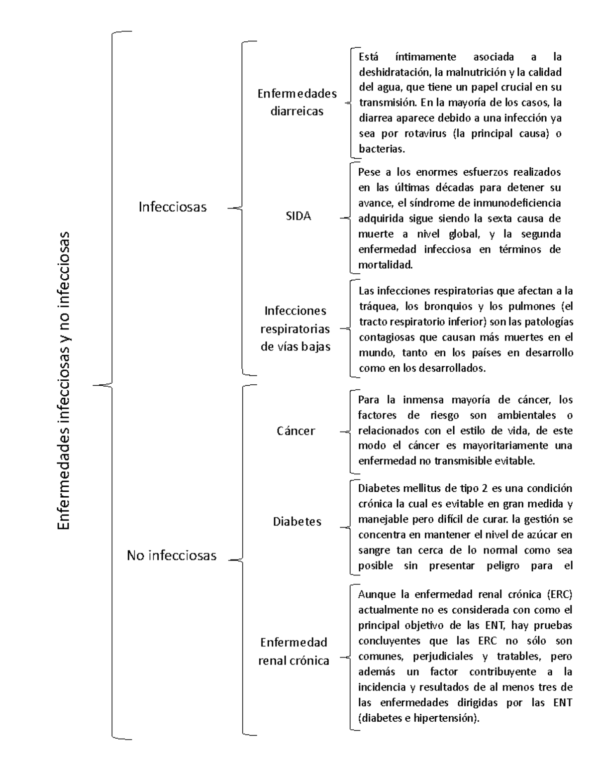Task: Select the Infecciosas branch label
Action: tap(172, 207)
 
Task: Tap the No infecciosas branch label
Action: tap(172, 555)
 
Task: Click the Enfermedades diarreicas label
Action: tap(297, 102)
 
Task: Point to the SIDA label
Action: tap(298, 217)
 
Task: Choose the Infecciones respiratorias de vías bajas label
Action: tap(296, 329)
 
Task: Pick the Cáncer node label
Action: tap(296, 431)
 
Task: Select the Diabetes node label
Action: tap(297, 522)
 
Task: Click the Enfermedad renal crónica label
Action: tap(294, 651)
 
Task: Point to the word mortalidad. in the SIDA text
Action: tap(386, 265)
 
